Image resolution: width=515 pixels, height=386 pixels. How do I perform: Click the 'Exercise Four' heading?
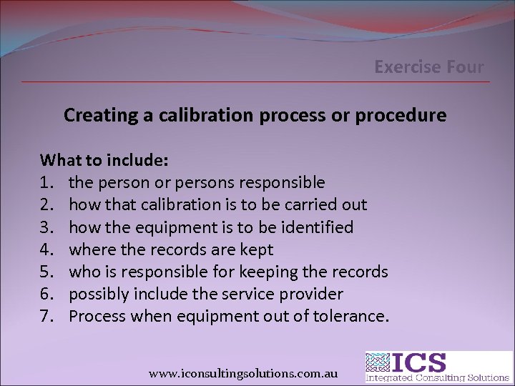pyautogui.click(x=429, y=68)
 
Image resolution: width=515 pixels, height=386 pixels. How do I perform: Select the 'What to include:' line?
pyautogui.click(x=104, y=159)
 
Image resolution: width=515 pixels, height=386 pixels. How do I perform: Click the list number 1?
pyautogui.click(x=47, y=182)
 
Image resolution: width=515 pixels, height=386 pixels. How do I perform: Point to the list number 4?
pyautogui.click(x=47, y=249)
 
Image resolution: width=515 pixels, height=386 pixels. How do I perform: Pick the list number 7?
pyautogui.click(x=47, y=316)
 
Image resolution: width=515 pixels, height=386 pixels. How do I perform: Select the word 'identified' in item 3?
pyautogui.click(x=318, y=227)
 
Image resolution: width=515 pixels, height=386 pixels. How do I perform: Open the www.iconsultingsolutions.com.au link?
pyautogui.click(x=243, y=373)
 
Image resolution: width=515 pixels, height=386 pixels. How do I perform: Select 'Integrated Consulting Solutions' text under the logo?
pyautogui.click(x=438, y=377)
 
